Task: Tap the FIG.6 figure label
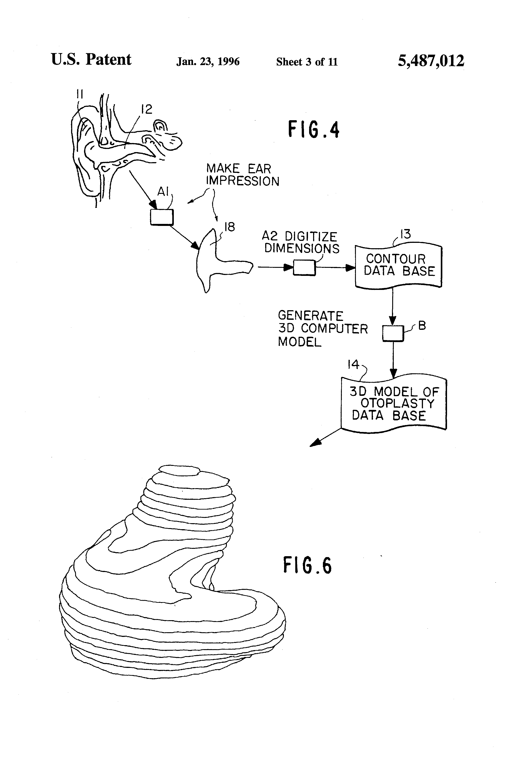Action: [307, 566]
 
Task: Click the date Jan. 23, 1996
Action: [208, 62]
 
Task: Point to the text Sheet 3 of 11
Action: [307, 62]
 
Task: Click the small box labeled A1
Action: [162, 217]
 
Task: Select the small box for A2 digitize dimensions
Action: [304, 268]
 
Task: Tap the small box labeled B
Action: [393, 333]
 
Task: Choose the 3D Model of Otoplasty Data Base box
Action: [394, 404]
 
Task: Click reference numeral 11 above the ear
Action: [80, 95]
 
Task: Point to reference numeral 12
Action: [147, 109]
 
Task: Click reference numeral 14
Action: [353, 364]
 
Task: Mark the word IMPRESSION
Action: [242, 181]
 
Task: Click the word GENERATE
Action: [310, 316]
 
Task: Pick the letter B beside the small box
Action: [422, 326]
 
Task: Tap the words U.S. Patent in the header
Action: [91, 60]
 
